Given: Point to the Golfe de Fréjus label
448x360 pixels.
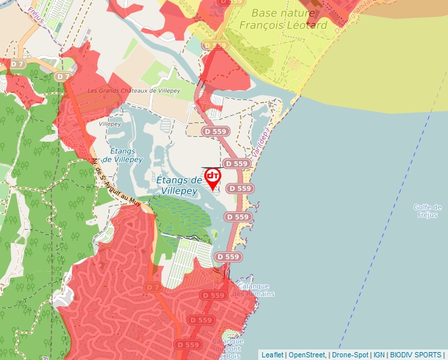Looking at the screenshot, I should pyautogui.click(x=427, y=211).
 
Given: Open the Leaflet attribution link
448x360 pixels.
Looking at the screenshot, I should pyautogui.click(x=272, y=355).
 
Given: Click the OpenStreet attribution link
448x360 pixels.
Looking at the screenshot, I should pyautogui.click(x=307, y=355).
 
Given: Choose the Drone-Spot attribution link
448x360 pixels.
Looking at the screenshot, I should pyautogui.click(x=349, y=355).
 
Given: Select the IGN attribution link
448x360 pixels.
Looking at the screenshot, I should pyautogui.click(x=379, y=355).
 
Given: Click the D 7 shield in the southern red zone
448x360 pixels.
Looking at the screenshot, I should pyautogui.click(x=153, y=288).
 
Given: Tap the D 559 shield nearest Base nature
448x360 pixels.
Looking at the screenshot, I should pyautogui.click(x=215, y=45).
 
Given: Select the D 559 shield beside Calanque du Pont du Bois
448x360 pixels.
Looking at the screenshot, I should pyautogui.click(x=188, y=344).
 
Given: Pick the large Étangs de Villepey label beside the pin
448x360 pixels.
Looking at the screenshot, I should pyautogui.click(x=179, y=186).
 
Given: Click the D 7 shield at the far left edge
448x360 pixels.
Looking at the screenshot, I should pyautogui.click(x=17, y=64).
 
